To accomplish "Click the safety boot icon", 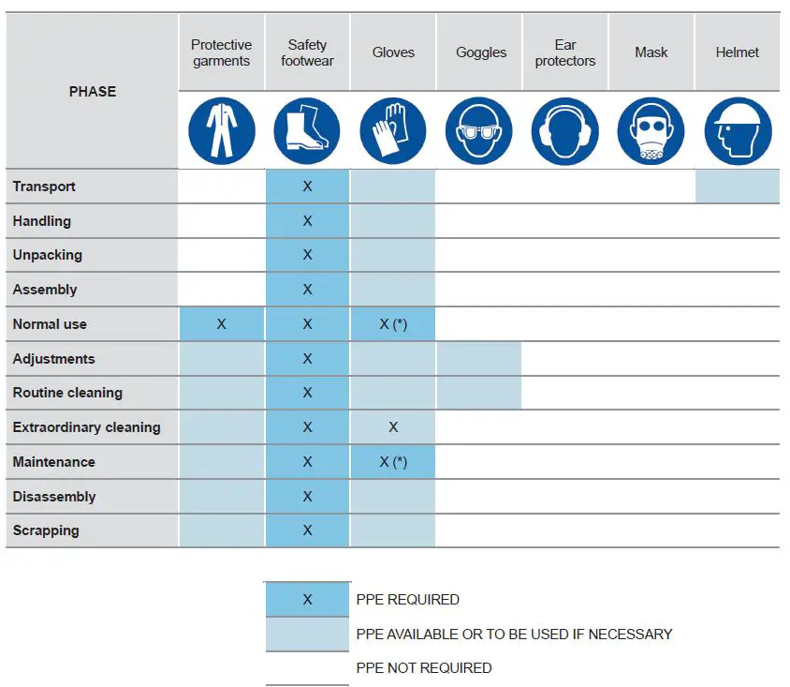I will click(x=307, y=131).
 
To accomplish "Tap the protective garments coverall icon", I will click(x=221, y=131).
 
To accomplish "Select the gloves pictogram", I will click(x=393, y=131).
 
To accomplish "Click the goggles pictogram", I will click(x=479, y=131).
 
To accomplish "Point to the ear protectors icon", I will click(x=565, y=131).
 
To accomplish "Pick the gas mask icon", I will click(x=651, y=131).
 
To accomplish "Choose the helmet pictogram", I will click(x=738, y=131).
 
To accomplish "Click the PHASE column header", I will click(x=93, y=91).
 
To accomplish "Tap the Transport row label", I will click(x=44, y=187).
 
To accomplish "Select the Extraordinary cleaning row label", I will click(x=86, y=427).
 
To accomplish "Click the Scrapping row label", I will click(x=46, y=530).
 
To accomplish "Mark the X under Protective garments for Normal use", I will click(x=221, y=324).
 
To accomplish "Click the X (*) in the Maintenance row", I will click(x=393, y=462).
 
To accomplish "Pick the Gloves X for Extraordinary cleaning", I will click(x=393, y=427).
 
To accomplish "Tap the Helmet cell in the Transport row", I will click(x=738, y=187).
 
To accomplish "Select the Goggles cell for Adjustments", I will click(x=479, y=359).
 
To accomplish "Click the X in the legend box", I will click(x=307, y=600).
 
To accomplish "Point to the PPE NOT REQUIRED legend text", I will click(x=424, y=668).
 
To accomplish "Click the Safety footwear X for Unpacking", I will click(x=307, y=255).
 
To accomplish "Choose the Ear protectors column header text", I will click(x=565, y=52).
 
